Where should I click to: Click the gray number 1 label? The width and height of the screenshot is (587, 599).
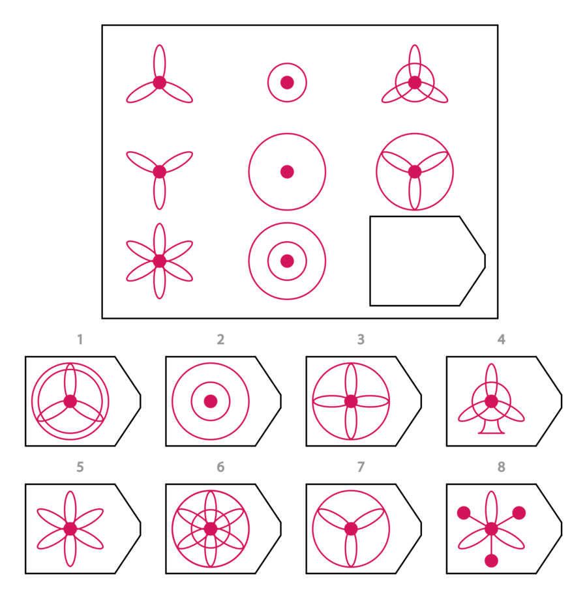click(80, 339)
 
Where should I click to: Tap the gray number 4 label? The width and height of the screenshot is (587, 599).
click(502, 339)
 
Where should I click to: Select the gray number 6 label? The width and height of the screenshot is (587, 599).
click(220, 467)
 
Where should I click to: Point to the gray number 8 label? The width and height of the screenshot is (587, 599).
click(502, 467)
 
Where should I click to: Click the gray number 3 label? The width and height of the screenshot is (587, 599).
click(361, 339)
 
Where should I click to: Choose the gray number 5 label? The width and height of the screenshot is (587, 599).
click(80, 467)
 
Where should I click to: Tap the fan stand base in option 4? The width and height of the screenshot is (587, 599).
click(492, 428)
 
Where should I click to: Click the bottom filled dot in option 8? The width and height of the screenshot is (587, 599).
click(492, 561)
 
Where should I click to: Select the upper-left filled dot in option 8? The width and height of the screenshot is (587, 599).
click(464, 513)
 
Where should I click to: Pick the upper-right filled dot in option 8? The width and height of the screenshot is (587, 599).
click(519, 513)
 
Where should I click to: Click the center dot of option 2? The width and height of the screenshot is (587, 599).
click(211, 402)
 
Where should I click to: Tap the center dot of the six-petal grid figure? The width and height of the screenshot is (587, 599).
click(159, 261)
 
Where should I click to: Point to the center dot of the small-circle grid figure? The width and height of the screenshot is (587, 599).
click(287, 83)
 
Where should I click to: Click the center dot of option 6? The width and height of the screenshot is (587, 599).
click(211, 529)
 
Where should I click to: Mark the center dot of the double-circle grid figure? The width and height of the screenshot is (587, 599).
click(287, 261)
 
